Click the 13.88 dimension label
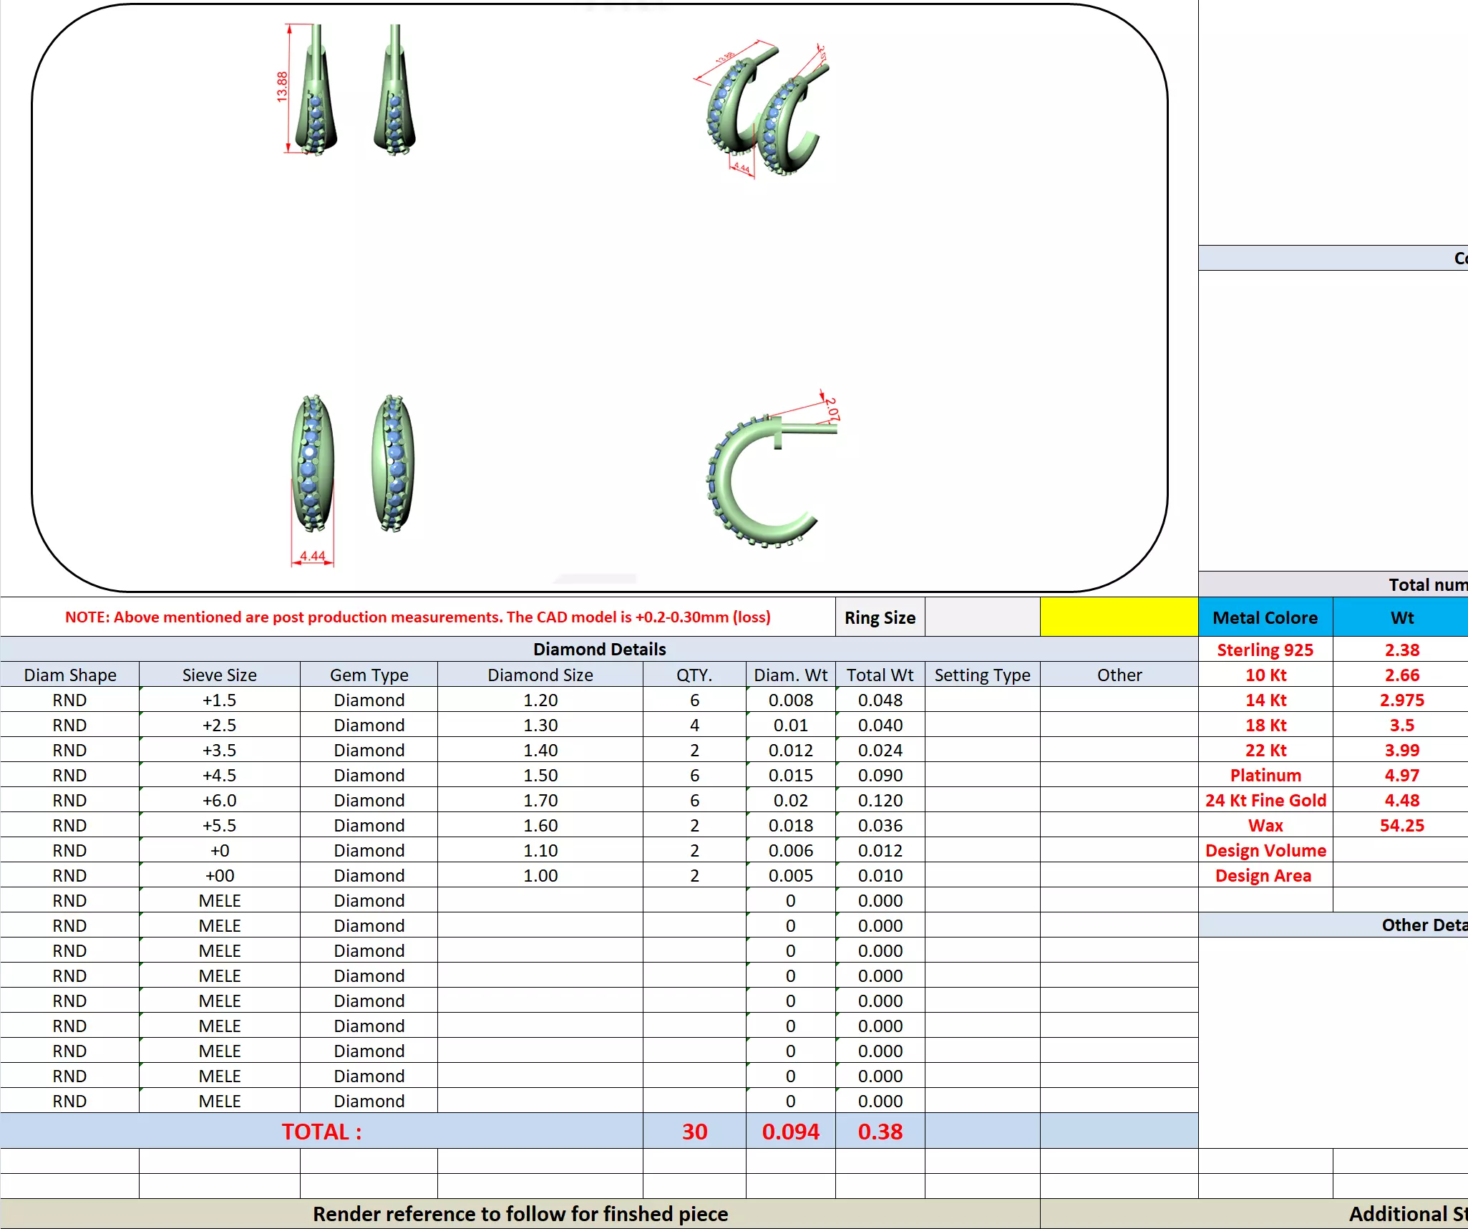(x=282, y=87)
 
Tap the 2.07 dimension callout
(x=831, y=409)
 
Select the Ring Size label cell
(x=880, y=617)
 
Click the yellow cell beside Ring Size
(x=1119, y=617)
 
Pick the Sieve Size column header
(x=219, y=675)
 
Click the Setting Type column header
(x=982, y=675)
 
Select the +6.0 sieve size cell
(x=219, y=800)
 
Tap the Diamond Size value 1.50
(x=540, y=775)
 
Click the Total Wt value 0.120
(x=880, y=800)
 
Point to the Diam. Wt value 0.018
(x=790, y=825)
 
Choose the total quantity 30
(x=694, y=1132)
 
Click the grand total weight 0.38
(x=880, y=1132)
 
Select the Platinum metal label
(x=1265, y=775)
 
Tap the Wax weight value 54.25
(x=1401, y=825)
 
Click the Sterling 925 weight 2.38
(x=1401, y=650)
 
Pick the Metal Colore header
(x=1265, y=617)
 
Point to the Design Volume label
(x=1265, y=850)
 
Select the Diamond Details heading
(x=599, y=649)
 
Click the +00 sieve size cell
(x=219, y=875)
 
